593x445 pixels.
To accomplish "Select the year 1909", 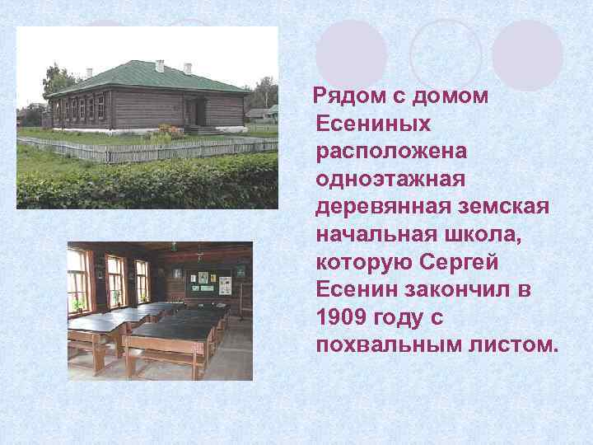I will (x=342, y=316).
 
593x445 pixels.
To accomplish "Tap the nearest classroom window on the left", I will (x=78, y=280).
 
